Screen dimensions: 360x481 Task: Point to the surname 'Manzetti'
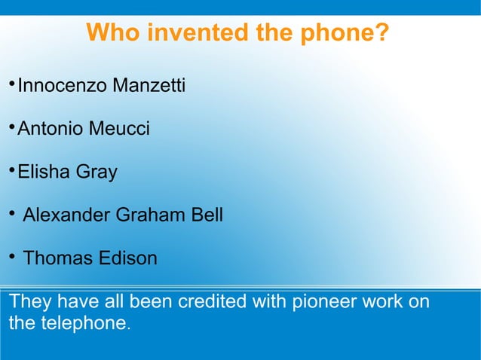tap(149, 86)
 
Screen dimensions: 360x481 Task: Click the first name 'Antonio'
tap(51, 129)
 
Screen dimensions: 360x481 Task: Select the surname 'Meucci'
tap(119, 129)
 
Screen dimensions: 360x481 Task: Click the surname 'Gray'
tap(97, 172)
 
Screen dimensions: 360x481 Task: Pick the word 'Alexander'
tap(66, 215)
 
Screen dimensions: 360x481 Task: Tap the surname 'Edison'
tap(127, 258)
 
